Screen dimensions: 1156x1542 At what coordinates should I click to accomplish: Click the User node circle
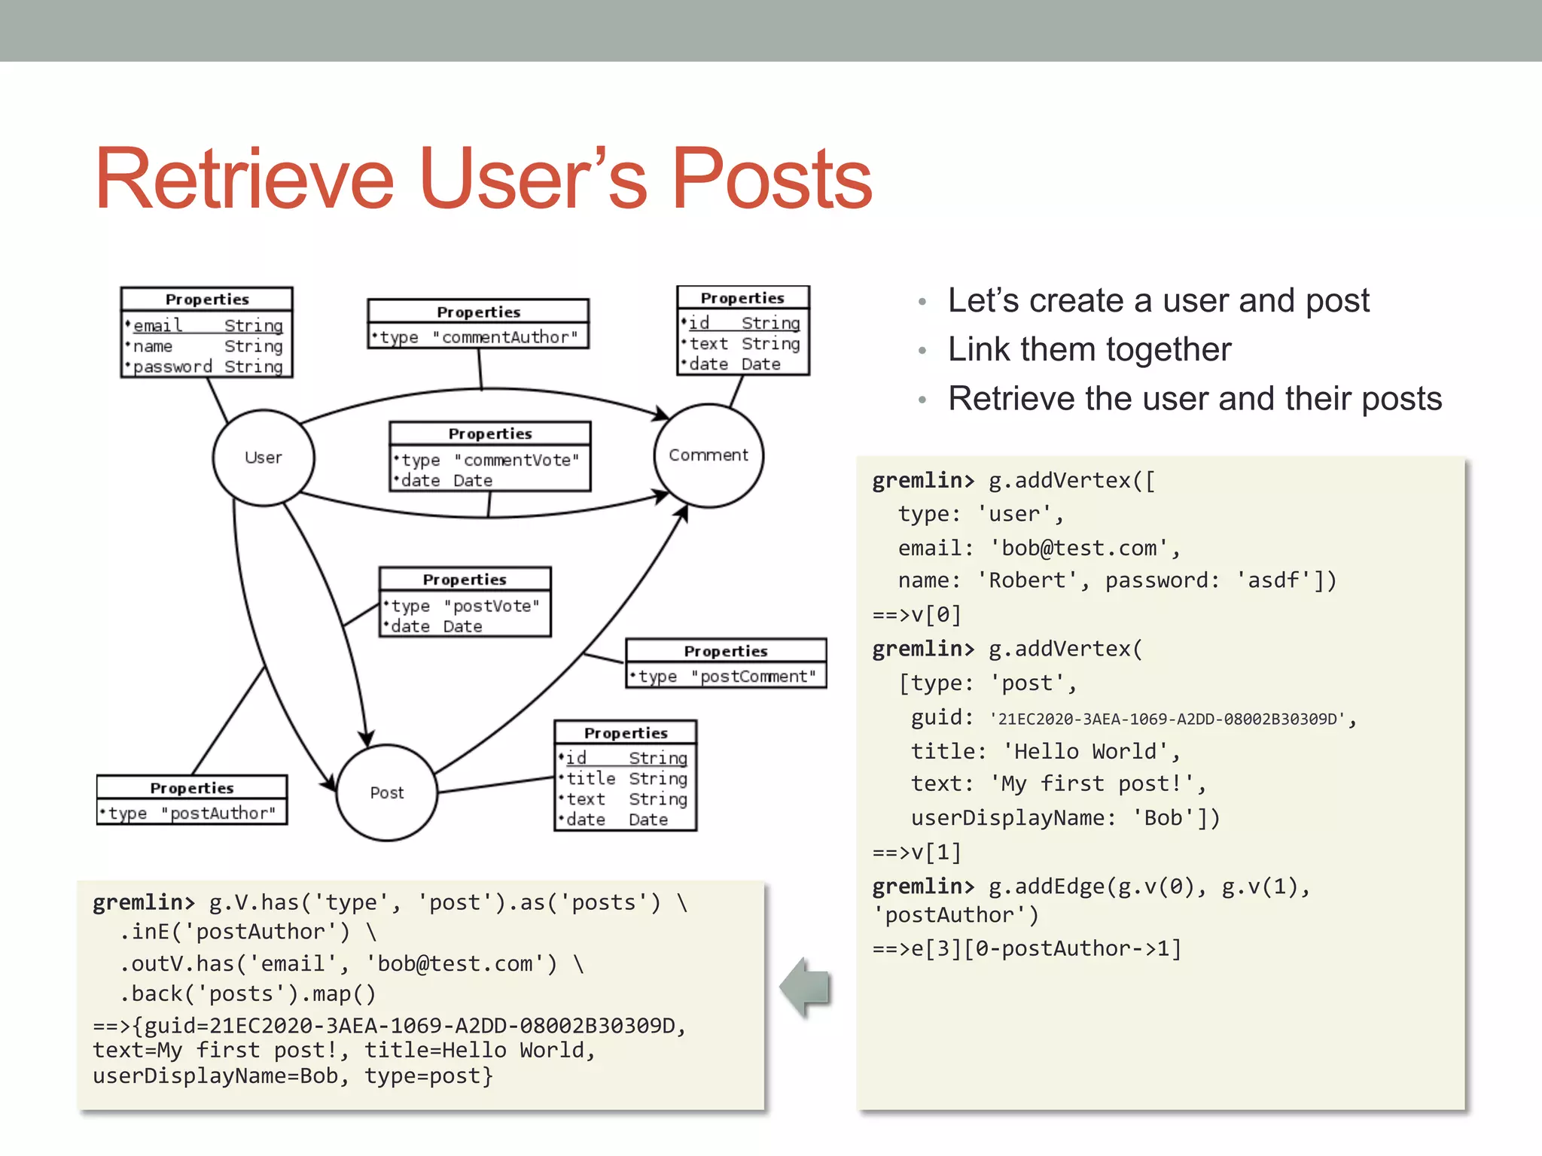coord(263,458)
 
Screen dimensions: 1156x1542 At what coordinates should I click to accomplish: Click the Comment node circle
coord(708,455)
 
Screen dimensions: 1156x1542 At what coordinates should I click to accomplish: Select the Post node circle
coord(386,792)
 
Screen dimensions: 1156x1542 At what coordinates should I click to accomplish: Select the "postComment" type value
coord(753,677)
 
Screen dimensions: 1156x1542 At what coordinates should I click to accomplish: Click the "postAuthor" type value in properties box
coord(218,814)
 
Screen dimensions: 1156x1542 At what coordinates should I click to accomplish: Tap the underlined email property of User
coord(157,325)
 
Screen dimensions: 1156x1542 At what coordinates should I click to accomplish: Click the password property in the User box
coord(172,367)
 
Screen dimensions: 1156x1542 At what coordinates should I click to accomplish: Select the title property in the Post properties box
coord(590,778)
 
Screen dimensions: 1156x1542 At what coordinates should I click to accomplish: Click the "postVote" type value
coord(491,606)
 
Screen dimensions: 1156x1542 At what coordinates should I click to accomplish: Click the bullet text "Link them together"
coord(1089,349)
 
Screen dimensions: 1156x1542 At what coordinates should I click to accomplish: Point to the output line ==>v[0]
coord(916,615)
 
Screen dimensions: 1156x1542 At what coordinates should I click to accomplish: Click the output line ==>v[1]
coord(916,852)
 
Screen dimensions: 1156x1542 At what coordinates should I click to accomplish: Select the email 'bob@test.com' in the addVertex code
coord(1078,548)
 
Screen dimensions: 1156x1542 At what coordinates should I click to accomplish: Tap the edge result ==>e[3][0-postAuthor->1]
coord(1026,948)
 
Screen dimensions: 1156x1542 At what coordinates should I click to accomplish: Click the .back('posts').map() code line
coord(247,994)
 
